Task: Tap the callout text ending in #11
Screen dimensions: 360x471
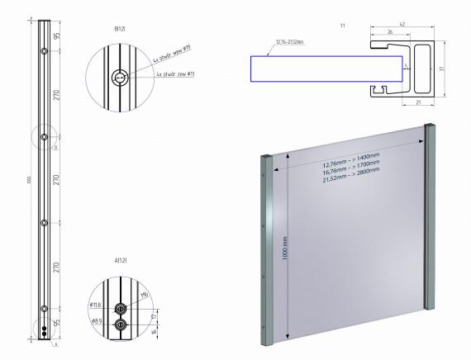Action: [176, 74]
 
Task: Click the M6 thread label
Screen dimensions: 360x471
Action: [143, 294]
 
